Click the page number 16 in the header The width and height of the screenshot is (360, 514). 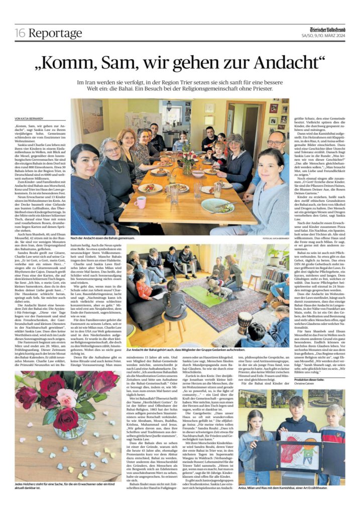pos(20,34)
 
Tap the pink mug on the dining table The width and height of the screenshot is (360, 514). pos(141,202)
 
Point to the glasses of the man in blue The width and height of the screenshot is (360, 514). pos(275,143)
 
